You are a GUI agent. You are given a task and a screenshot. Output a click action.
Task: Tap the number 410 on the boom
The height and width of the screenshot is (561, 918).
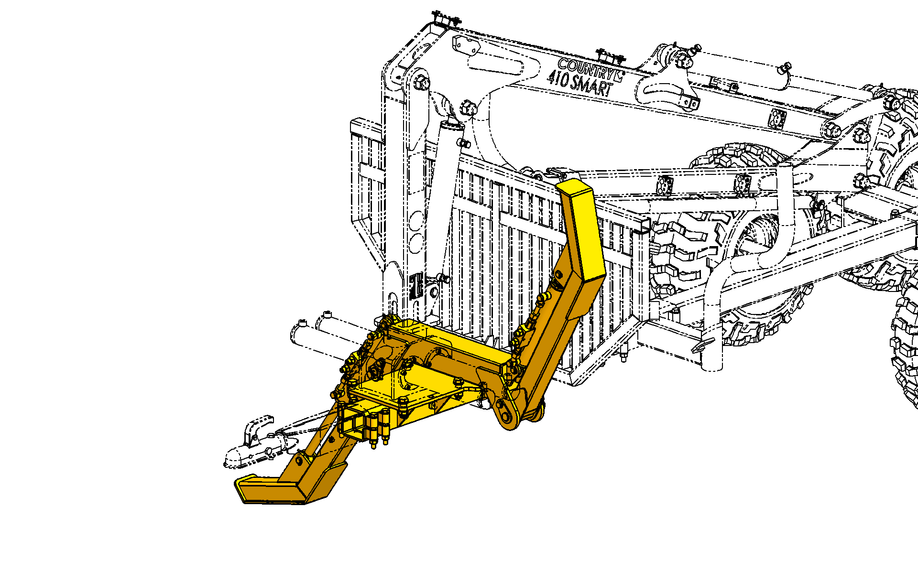click(558, 78)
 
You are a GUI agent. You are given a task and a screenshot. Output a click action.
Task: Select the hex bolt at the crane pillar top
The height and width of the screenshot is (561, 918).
click(422, 82)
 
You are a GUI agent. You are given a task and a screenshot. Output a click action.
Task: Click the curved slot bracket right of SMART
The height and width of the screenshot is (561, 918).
click(667, 91)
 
